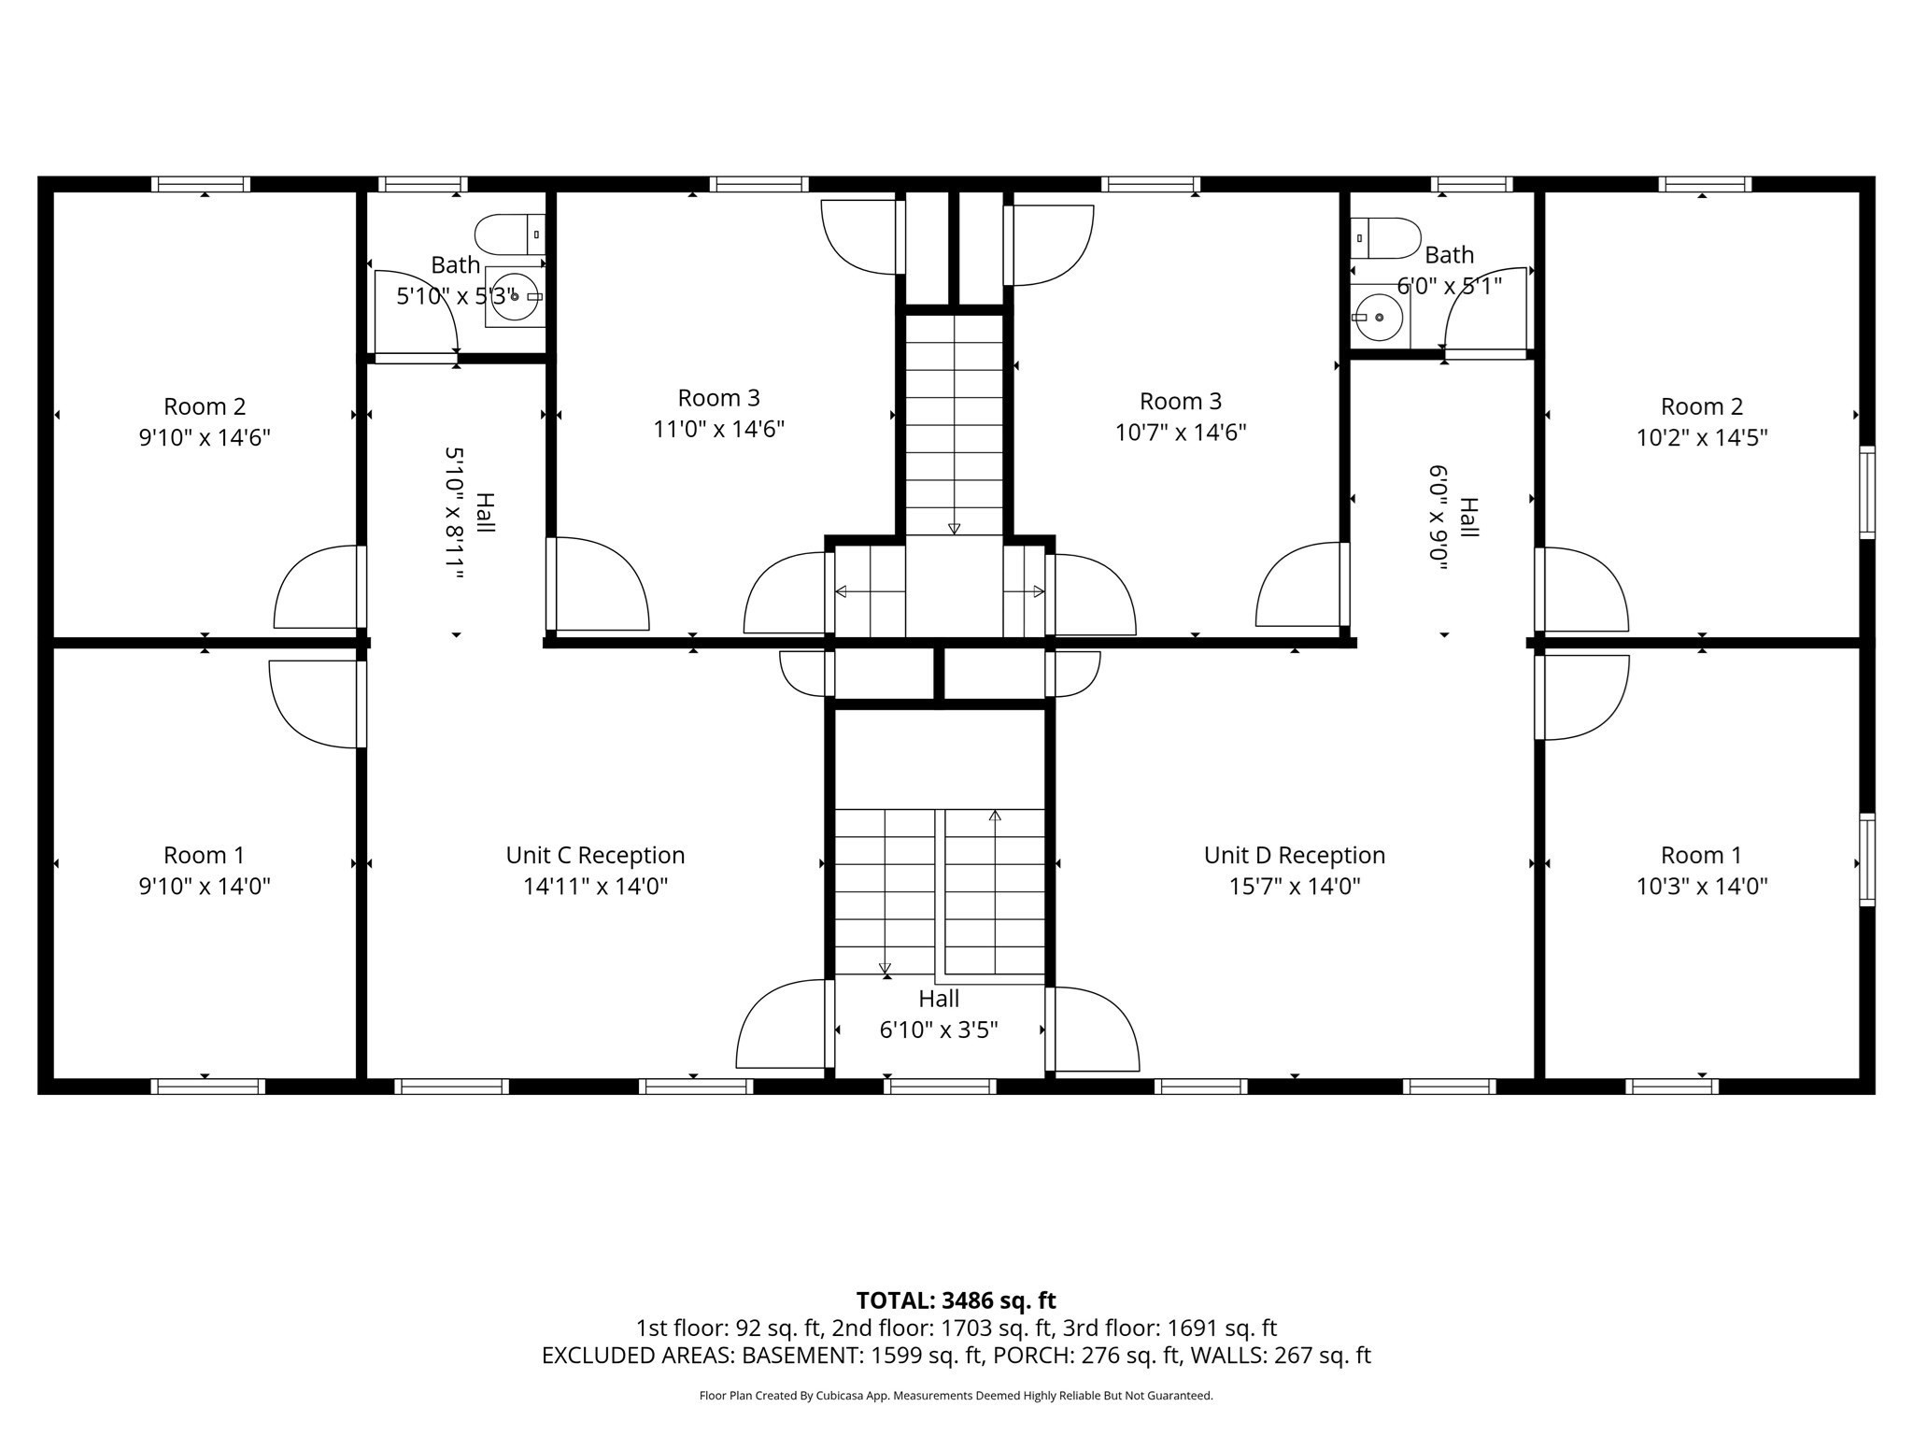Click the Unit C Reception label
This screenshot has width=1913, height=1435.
[x=595, y=855]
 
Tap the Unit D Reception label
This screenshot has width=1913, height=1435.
[x=1294, y=855]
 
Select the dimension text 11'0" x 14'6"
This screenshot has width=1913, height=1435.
[x=718, y=429]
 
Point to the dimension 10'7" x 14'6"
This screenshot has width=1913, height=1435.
[x=1181, y=433]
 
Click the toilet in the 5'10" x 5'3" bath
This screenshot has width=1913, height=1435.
[x=508, y=234]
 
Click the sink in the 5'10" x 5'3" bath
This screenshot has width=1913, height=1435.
[x=514, y=296]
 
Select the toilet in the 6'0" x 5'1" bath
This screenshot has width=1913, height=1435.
[x=1388, y=238]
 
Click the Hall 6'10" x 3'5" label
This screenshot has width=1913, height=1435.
[x=939, y=999]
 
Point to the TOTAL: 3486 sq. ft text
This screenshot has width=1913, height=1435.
[x=956, y=1300]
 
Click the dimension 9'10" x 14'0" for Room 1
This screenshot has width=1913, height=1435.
[x=205, y=886]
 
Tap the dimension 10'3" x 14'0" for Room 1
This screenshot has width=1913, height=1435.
[x=1702, y=886]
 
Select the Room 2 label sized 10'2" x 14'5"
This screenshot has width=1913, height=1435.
[x=1702, y=406]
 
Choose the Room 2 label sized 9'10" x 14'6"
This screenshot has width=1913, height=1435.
[x=205, y=406]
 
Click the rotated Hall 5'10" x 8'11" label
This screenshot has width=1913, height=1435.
[x=485, y=513]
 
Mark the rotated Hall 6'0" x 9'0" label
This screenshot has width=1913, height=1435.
[x=1468, y=517]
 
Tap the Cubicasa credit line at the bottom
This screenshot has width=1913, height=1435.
[x=956, y=1396]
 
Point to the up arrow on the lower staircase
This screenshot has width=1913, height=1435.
[x=995, y=816]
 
